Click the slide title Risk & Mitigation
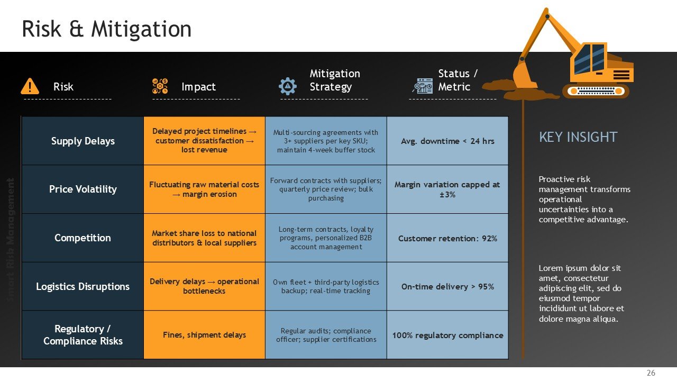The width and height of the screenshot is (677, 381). click(106, 29)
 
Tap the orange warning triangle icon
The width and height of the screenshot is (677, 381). click(30, 86)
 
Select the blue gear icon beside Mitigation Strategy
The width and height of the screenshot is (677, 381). click(287, 86)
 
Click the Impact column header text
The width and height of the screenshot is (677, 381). click(198, 87)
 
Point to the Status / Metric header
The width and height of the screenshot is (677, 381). click(458, 80)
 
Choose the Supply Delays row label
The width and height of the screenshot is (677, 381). click(83, 141)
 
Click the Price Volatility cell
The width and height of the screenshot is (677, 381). click(83, 189)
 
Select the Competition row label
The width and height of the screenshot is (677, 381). click(83, 238)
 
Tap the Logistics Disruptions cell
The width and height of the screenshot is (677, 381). click(83, 286)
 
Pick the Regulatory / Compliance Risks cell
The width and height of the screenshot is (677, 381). click(83, 335)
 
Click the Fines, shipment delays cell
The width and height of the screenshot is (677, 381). click(204, 335)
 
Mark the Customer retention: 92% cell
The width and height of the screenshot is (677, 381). click(447, 238)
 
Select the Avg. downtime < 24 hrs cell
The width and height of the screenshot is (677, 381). click(447, 141)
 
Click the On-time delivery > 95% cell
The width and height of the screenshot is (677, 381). click(447, 286)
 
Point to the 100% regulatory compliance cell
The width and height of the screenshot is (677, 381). click(447, 335)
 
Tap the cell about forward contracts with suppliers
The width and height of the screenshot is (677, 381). click(326, 189)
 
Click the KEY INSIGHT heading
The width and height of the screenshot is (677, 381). click(578, 137)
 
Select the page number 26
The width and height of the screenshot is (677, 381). click(651, 373)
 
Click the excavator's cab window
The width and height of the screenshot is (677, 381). click(589, 58)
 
